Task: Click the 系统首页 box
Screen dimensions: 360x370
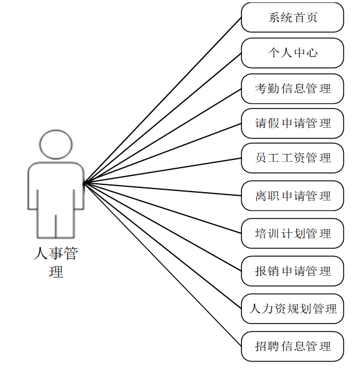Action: pos(293,17)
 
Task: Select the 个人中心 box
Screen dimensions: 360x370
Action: pos(293,53)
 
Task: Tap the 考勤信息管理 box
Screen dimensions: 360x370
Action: pos(293,89)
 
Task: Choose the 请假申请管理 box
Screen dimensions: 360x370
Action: pos(293,124)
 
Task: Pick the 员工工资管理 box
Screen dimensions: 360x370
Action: pos(293,158)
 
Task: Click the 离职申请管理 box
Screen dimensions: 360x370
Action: pos(293,196)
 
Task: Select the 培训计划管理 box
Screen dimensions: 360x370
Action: pos(293,233)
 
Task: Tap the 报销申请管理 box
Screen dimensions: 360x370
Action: pos(293,271)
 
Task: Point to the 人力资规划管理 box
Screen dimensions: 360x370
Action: pos(293,309)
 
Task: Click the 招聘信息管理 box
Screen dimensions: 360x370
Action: pos(293,346)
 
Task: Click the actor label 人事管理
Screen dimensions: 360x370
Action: pos(55,263)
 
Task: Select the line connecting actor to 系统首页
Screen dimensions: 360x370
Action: pos(162,100)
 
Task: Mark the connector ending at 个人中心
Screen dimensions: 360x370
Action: pos(162,118)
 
